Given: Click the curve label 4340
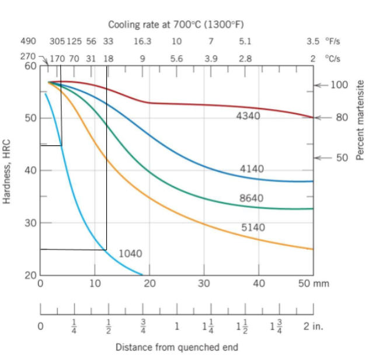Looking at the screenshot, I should point(248,116).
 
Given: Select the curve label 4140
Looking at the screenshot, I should point(252,169).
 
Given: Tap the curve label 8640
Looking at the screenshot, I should point(252,198).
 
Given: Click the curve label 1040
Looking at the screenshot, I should point(130,253).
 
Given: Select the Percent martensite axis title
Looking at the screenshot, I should point(360,120).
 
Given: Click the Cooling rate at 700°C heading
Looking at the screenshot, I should point(176,25).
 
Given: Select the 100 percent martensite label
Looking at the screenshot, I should point(339,85).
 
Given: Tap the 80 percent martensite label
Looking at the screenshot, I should point(342,117).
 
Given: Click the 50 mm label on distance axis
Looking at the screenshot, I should point(314,284).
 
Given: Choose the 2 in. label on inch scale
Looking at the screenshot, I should point(314,326).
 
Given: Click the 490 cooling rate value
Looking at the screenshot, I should point(28,41).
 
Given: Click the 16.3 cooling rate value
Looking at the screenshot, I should point(143,41).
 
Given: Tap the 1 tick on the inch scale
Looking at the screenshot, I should point(176,326).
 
